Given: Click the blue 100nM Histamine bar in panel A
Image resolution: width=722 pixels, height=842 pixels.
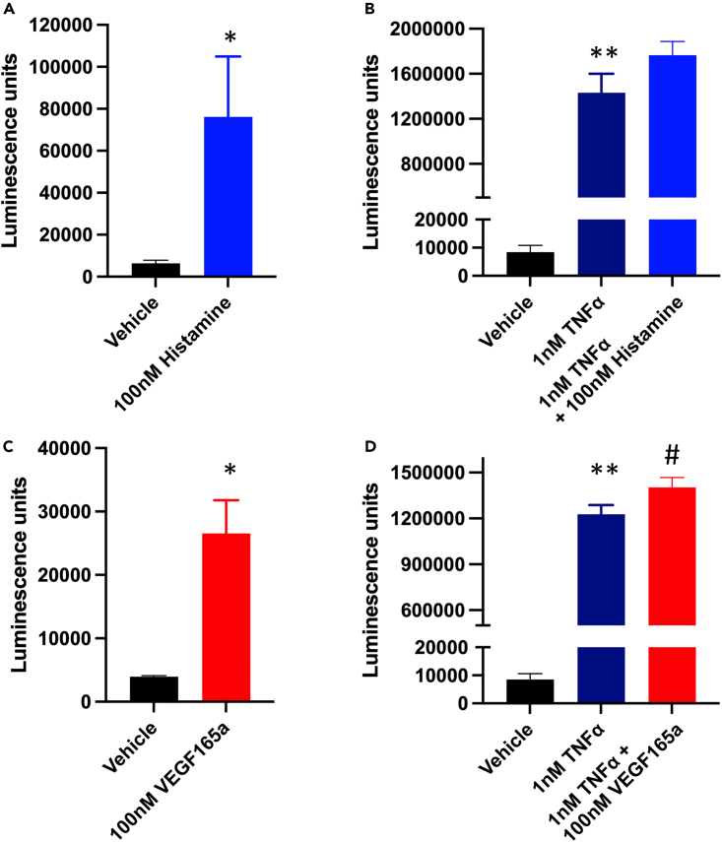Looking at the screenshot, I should click(229, 197).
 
